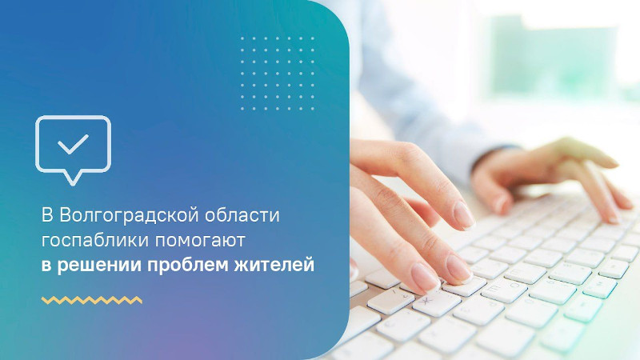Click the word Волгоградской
point(130,216)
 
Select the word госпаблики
point(95,241)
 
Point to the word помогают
point(199,241)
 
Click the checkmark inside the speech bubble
point(73,144)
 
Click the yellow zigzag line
point(92,301)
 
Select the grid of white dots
point(278,74)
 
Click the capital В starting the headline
point(47,215)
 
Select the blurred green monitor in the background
point(555,57)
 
